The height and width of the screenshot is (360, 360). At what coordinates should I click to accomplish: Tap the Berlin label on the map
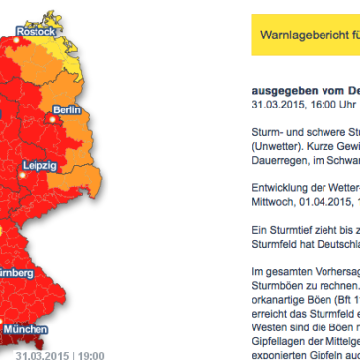pos(68,108)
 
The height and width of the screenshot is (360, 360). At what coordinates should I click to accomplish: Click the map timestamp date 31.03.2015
pos(43,352)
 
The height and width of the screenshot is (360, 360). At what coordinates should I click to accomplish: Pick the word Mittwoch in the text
pos(273,201)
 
